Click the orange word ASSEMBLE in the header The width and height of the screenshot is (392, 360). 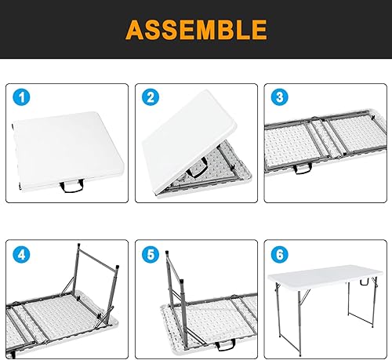tap(195, 30)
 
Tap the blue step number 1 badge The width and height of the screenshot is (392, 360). tap(23, 98)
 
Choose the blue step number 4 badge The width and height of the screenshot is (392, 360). tap(23, 256)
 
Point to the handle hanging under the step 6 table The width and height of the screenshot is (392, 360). tap(363, 280)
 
